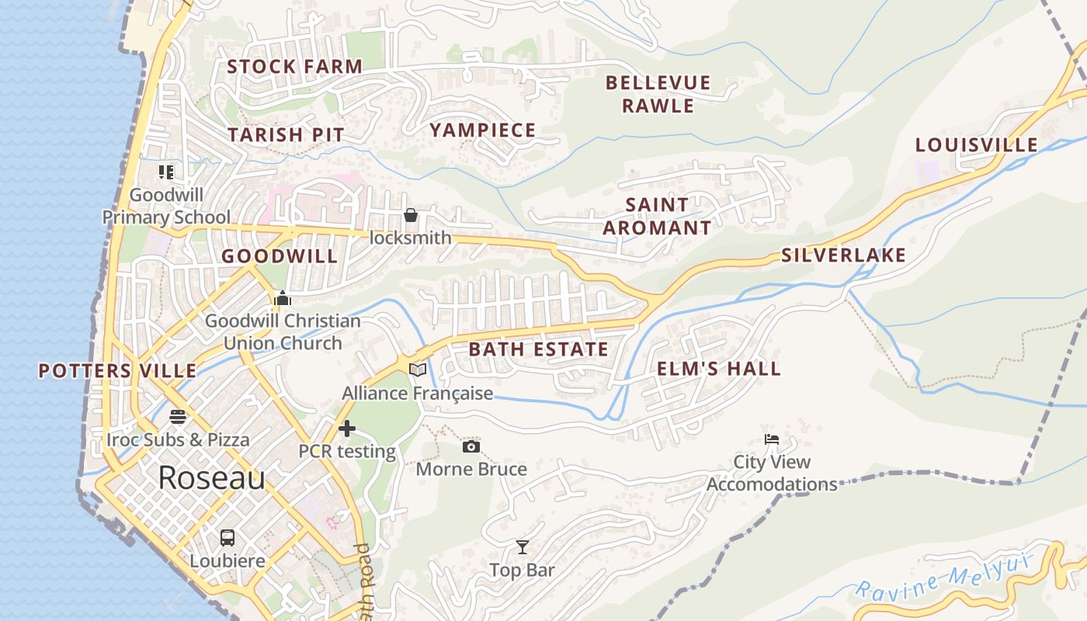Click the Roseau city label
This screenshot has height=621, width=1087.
[x=211, y=478]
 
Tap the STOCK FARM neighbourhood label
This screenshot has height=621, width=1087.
[x=294, y=67]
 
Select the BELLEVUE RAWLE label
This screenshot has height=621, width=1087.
[x=658, y=94]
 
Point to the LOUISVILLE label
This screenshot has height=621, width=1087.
[x=976, y=145]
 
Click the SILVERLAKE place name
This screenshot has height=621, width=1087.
[x=843, y=255]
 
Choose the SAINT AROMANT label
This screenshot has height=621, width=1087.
[x=657, y=217]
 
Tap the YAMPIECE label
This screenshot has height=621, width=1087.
[x=483, y=130]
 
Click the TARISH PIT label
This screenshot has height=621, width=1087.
[x=286, y=134]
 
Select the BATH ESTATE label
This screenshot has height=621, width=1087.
[x=539, y=349]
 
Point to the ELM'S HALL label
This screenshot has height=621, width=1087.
[x=719, y=369]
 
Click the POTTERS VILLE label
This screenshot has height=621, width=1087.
[x=118, y=371]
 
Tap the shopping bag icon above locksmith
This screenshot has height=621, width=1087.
[x=410, y=215]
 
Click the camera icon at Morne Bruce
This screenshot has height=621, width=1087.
[x=471, y=447]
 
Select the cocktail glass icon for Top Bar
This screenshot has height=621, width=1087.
[x=523, y=548]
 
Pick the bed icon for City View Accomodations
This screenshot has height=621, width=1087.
[x=771, y=439]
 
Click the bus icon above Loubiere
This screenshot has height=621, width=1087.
[x=227, y=537]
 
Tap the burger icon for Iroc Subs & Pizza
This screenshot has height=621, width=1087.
[x=178, y=417]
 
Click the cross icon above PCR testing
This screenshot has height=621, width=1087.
[x=347, y=428]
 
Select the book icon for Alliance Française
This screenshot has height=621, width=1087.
[x=418, y=369]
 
